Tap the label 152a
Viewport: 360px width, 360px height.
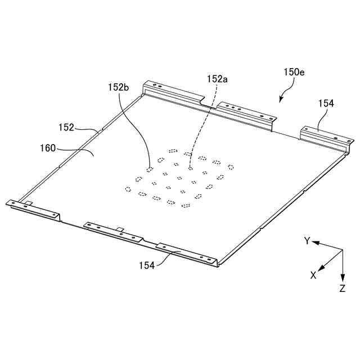[x=217, y=80]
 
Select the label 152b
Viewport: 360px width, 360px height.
[x=119, y=87]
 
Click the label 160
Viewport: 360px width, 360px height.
[x=48, y=148]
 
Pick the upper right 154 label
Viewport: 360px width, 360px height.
[x=326, y=103]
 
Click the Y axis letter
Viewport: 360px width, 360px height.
[x=308, y=241]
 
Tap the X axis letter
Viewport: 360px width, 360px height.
[x=313, y=276]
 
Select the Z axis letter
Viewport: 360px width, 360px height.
[x=343, y=289]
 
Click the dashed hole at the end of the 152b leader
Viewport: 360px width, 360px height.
[x=149, y=169]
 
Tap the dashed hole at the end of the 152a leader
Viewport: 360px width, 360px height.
[x=191, y=167]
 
